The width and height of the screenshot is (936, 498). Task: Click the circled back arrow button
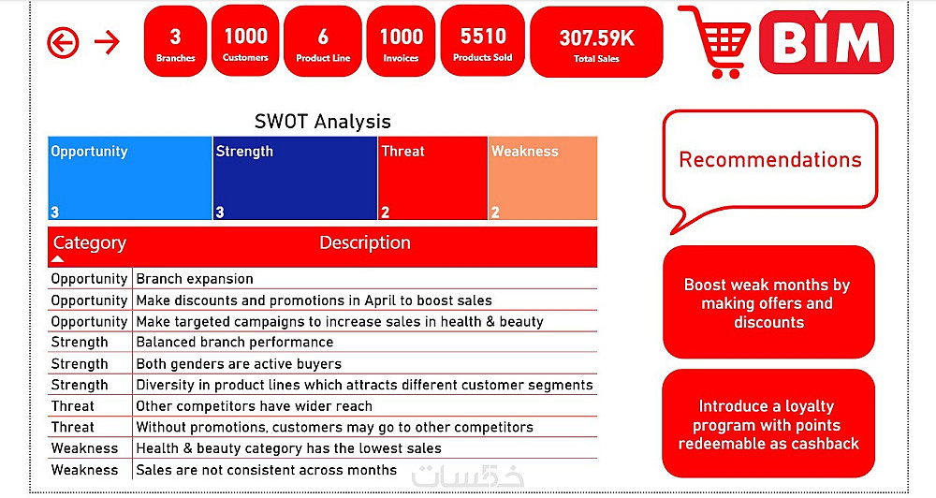click(x=63, y=42)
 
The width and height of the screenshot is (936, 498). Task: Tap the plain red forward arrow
click(x=108, y=42)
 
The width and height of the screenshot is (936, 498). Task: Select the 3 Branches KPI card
click(x=176, y=41)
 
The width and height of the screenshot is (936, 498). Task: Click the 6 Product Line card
click(x=323, y=41)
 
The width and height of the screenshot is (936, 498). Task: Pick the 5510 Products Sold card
click(x=482, y=41)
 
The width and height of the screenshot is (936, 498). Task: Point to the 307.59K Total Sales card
click(x=596, y=42)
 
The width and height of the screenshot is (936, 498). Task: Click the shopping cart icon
click(x=716, y=42)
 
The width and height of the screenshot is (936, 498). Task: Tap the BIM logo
click(x=826, y=42)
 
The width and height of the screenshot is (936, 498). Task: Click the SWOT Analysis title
click(x=322, y=121)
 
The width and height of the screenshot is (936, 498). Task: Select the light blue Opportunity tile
click(x=130, y=178)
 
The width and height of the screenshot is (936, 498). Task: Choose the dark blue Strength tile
click(x=295, y=178)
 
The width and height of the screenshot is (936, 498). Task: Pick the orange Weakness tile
click(x=543, y=178)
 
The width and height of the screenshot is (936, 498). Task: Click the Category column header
click(x=90, y=243)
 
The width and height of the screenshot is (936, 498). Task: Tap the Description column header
click(x=365, y=242)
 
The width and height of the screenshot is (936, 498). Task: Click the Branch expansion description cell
click(x=195, y=279)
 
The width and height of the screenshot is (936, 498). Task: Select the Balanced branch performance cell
click(x=235, y=343)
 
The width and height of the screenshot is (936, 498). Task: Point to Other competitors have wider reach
click(x=255, y=406)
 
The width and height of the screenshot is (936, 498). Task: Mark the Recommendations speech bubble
click(x=770, y=159)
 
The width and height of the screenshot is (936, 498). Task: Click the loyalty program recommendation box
click(x=768, y=423)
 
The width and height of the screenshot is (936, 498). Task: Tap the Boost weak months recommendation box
click(x=768, y=302)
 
